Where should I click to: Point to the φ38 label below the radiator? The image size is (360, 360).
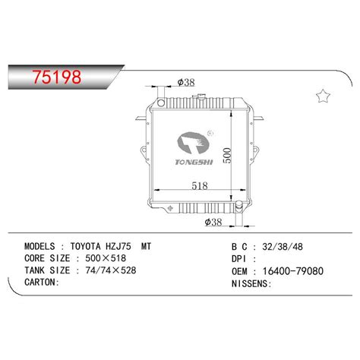(216, 222)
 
